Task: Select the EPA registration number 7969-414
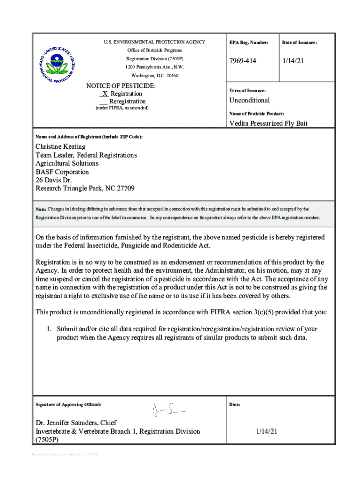pos(243,61)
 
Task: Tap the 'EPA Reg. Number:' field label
pos(249,43)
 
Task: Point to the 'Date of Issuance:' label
pos(299,43)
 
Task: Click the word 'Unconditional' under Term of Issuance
pos(249,100)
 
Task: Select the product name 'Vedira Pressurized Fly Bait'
pos(268,123)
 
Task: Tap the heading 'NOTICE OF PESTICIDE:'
pos(121,86)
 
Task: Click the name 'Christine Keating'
pos(61,146)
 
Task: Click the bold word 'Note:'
pos(41,209)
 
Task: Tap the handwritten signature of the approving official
pos(169,410)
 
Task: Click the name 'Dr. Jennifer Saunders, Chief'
pos(76,423)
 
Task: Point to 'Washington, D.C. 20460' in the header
pos(154,75)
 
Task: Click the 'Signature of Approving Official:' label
pos(68,404)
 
